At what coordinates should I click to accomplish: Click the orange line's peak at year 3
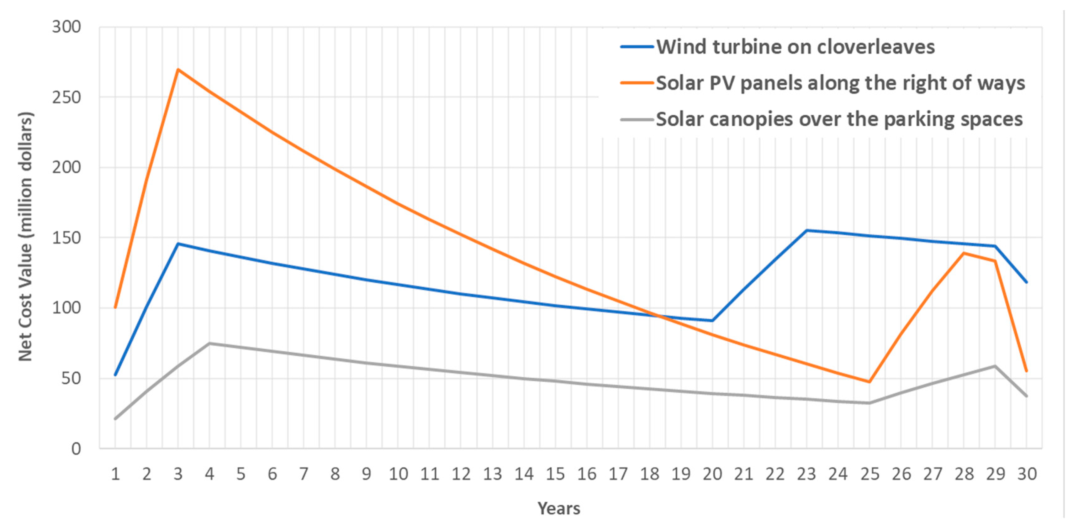pos(178,70)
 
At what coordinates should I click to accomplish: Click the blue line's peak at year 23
pos(806,230)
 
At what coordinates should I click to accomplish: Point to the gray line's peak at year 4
pos(209,343)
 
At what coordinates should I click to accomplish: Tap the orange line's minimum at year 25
pos(869,381)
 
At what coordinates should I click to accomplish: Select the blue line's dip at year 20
pos(712,321)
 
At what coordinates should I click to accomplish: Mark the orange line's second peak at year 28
pos(964,253)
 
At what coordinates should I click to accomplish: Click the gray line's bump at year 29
pos(995,366)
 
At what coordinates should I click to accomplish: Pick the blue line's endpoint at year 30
pos(1026,282)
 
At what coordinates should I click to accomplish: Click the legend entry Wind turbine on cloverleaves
pos(795,47)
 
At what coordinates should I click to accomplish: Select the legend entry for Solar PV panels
pos(840,83)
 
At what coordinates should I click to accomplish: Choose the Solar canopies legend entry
pos(839,119)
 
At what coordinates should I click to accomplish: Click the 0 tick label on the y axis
pos(76,449)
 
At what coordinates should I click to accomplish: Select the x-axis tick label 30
pos(1026,474)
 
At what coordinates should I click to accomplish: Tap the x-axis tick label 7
pos(304,474)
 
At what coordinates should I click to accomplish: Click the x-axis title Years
pos(558,508)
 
